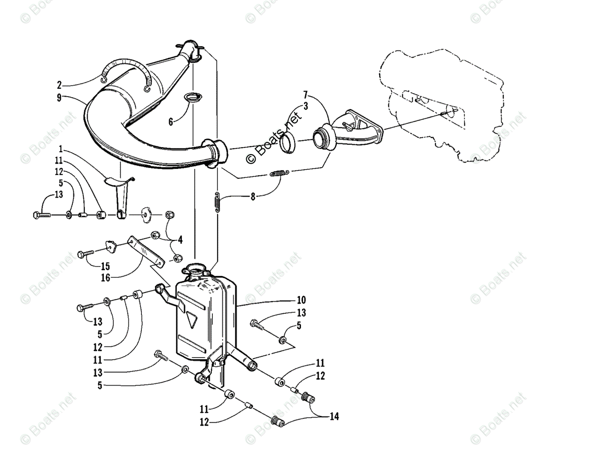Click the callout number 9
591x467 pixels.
point(59,98)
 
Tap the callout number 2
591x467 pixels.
point(59,84)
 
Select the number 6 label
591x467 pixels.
point(171,121)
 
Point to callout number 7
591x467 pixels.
point(305,94)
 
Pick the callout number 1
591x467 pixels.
point(60,149)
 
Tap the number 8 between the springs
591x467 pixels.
point(253,196)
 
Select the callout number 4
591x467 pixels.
point(180,240)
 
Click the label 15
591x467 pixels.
point(105,267)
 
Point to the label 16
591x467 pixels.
point(105,278)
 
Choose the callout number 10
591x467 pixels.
point(301,300)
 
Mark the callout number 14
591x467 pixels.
point(334,417)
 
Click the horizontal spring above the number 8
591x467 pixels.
point(278,173)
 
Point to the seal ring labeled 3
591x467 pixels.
point(288,143)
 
